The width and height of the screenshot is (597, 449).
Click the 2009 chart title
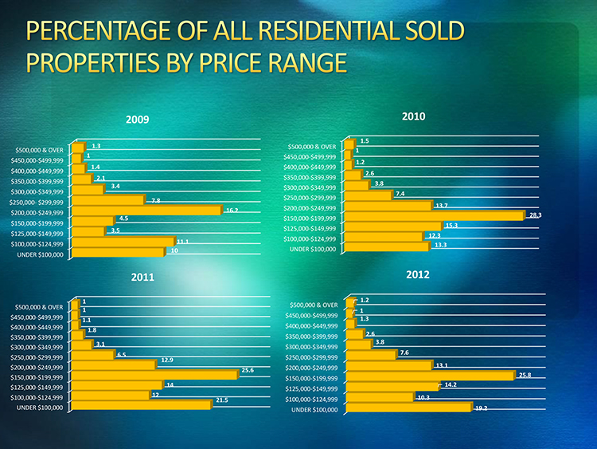(137, 120)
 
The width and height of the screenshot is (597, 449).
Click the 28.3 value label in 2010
(535, 215)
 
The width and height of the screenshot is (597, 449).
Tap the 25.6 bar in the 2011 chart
(156, 374)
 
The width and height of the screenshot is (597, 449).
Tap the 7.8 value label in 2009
(156, 200)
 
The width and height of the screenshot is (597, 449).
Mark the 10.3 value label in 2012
(423, 397)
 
